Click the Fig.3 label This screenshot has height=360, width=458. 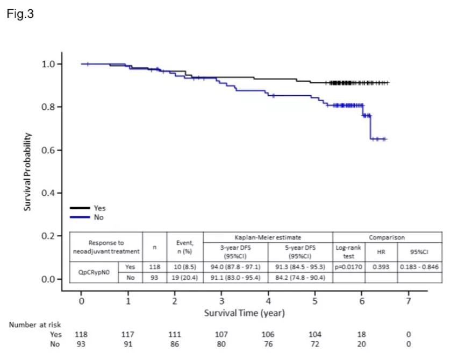coord(20,15)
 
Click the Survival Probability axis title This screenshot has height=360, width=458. coord(27,171)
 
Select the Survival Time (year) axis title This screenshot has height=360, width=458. coord(245,313)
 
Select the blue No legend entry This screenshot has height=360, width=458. coord(89,217)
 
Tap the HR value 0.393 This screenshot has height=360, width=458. coord(381,266)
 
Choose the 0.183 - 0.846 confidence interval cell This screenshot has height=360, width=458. coord(419,266)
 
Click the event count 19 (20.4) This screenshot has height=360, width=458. coord(184,277)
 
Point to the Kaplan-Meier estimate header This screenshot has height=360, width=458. coord(268,237)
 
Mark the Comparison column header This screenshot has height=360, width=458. coord(387,237)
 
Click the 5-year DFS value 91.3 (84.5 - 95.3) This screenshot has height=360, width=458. coord(299,266)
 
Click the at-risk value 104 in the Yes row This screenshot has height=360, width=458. coord(315,334)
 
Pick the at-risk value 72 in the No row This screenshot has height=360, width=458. coord(315,344)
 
